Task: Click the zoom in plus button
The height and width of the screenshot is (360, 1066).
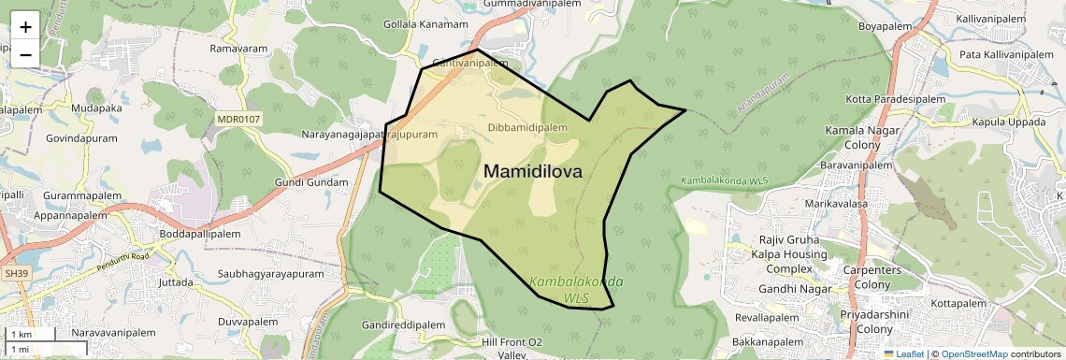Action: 25,26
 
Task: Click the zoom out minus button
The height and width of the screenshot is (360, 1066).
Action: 25,54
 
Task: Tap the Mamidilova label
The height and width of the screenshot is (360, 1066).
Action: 533,172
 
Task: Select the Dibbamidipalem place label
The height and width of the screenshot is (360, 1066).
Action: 527,127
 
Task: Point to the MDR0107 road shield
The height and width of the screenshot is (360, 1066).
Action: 238,120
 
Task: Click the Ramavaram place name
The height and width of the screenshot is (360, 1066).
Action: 239,48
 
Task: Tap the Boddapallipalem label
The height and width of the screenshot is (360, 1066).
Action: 200,234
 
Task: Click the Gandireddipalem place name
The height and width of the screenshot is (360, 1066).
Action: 404,324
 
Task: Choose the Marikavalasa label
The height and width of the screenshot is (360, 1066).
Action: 839,203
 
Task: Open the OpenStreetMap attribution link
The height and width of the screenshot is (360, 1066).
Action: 973,354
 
